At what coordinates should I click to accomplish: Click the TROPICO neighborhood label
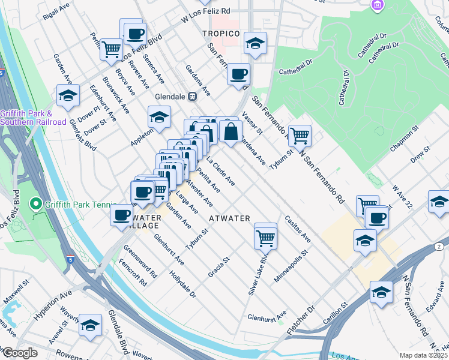[x=221, y=34]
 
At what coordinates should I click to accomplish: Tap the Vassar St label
[x=252, y=122]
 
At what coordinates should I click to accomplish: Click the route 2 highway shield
[x=439, y=247]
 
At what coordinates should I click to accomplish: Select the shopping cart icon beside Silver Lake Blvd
[x=265, y=238]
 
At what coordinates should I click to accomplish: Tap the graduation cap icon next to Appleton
[x=160, y=118]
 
